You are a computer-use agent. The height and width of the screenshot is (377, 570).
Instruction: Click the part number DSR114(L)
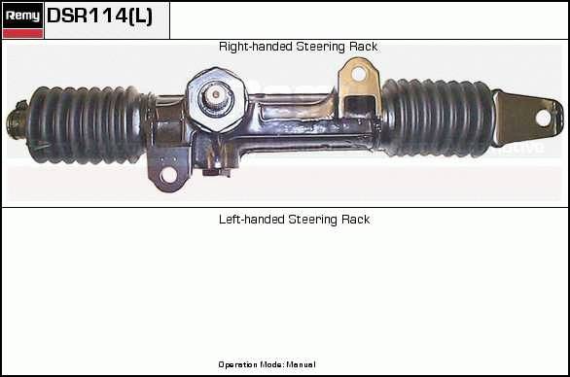(99, 16)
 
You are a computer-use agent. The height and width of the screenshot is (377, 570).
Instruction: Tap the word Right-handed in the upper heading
(256, 47)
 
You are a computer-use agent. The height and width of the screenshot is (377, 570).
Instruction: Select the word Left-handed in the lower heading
(252, 220)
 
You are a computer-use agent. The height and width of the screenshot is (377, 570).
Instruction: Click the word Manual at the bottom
(301, 364)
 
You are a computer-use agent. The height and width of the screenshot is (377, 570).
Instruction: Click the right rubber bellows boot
(438, 118)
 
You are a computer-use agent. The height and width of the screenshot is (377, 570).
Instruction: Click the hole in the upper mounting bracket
(358, 74)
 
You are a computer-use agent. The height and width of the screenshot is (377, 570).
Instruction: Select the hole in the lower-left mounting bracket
(168, 175)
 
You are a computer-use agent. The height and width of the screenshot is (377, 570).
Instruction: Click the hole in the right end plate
(543, 118)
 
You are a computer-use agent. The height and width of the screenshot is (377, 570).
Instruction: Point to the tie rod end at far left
(17, 120)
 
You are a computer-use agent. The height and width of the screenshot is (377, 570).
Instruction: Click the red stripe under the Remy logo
(22, 34)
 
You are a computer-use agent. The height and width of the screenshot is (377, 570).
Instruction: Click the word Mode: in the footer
(276, 364)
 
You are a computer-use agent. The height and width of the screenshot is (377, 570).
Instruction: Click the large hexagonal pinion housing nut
(216, 99)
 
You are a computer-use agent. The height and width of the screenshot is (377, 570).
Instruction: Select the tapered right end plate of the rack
(528, 118)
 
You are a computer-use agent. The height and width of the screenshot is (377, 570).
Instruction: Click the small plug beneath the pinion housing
(217, 170)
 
